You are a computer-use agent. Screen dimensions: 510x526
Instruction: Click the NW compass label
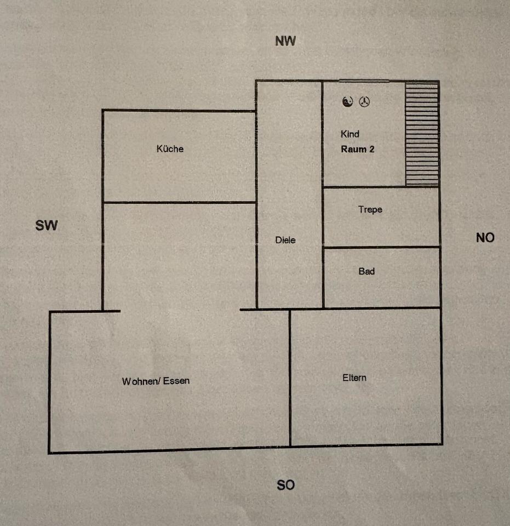tap(285, 41)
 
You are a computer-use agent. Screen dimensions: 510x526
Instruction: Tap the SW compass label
tap(47, 225)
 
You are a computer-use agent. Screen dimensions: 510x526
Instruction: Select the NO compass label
tap(485, 237)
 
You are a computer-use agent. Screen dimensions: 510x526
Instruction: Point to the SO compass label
tap(285, 485)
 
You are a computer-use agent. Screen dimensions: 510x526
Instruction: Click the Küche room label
tap(170, 148)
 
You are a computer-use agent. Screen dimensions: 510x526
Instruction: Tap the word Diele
tap(285, 240)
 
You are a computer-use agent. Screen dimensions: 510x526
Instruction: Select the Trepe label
tap(370, 209)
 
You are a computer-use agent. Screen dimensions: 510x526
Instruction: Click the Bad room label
tap(366, 271)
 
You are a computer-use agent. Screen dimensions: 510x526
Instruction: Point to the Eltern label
tap(354, 378)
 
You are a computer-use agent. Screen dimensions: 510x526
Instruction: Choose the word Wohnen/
tap(141, 381)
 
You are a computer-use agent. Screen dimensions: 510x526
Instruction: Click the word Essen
tap(176, 381)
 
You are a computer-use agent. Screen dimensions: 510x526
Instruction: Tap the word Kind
tap(350, 134)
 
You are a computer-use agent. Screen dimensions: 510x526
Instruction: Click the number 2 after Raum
tap(372, 149)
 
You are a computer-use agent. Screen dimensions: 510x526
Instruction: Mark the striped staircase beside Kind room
tap(422, 134)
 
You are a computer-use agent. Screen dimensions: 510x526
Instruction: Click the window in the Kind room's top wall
tap(364, 82)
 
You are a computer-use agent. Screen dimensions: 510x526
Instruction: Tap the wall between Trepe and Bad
tap(381, 247)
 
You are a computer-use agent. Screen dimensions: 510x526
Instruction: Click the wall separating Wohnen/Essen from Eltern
tap(290, 378)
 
